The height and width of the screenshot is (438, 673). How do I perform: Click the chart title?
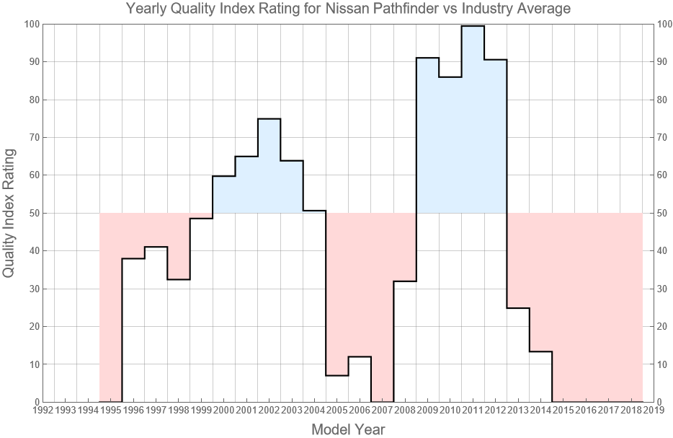pos(348,9)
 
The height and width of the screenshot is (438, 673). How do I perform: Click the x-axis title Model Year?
pos(348,429)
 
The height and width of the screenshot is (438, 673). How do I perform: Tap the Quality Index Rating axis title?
pos(9,214)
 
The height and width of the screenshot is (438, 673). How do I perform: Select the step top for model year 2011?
pos(473,26)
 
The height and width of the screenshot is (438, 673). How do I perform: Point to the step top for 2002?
pos(269,119)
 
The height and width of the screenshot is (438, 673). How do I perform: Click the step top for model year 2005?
pos(337,375)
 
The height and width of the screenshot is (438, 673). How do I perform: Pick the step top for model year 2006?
pos(360,356)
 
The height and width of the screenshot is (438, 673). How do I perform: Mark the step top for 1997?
pos(156,247)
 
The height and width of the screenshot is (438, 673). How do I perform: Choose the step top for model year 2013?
pos(518,308)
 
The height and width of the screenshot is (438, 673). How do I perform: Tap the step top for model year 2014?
pos(540,351)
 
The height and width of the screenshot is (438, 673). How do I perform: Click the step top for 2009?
pos(427,58)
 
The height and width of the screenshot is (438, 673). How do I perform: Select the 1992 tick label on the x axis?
pos(43,411)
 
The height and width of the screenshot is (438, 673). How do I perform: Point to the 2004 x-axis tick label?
pos(314,411)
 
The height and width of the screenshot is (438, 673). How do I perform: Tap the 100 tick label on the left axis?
pos(30,25)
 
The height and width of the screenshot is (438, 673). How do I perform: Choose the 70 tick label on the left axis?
pos(32,138)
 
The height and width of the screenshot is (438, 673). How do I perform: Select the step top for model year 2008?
pos(405,281)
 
